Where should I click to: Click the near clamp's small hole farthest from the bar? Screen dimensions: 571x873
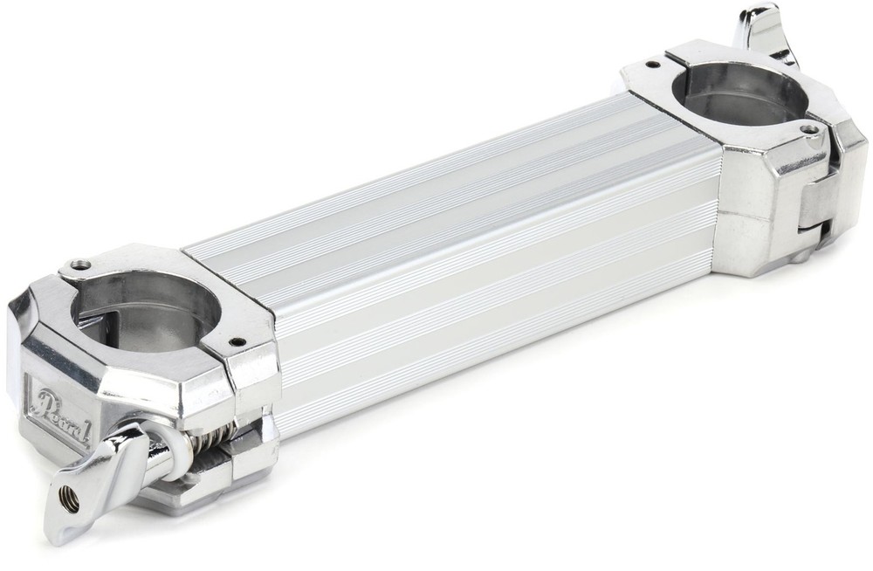(x=81, y=265)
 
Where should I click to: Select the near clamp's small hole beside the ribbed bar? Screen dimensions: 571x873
(x=233, y=342)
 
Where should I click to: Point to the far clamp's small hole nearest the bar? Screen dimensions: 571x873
(x=651, y=64)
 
